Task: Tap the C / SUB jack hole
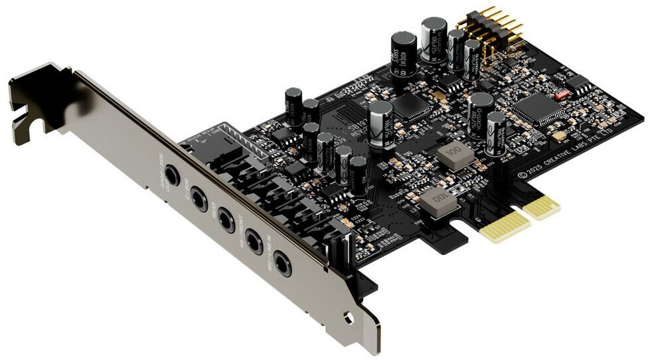[199, 198]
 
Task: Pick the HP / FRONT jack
[254, 241]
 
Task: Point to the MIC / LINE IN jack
[283, 264]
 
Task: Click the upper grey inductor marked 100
[455, 155]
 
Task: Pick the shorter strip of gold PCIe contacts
[540, 206]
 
